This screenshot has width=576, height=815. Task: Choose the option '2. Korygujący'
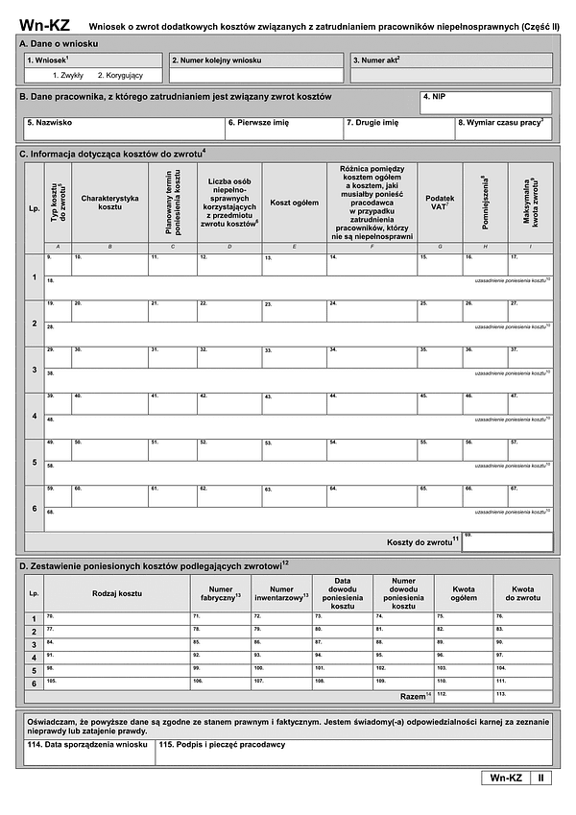click(x=120, y=75)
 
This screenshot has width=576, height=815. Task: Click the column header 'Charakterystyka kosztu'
click(x=109, y=202)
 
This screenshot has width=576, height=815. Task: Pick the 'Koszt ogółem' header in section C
click(x=294, y=203)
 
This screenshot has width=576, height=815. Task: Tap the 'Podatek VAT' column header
click(x=439, y=202)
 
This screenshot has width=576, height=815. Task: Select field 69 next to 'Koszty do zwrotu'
click(x=507, y=542)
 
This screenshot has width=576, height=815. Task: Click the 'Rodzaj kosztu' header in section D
click(x=116, y=592)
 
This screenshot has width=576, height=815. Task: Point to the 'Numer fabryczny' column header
click(x=221, y=592)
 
